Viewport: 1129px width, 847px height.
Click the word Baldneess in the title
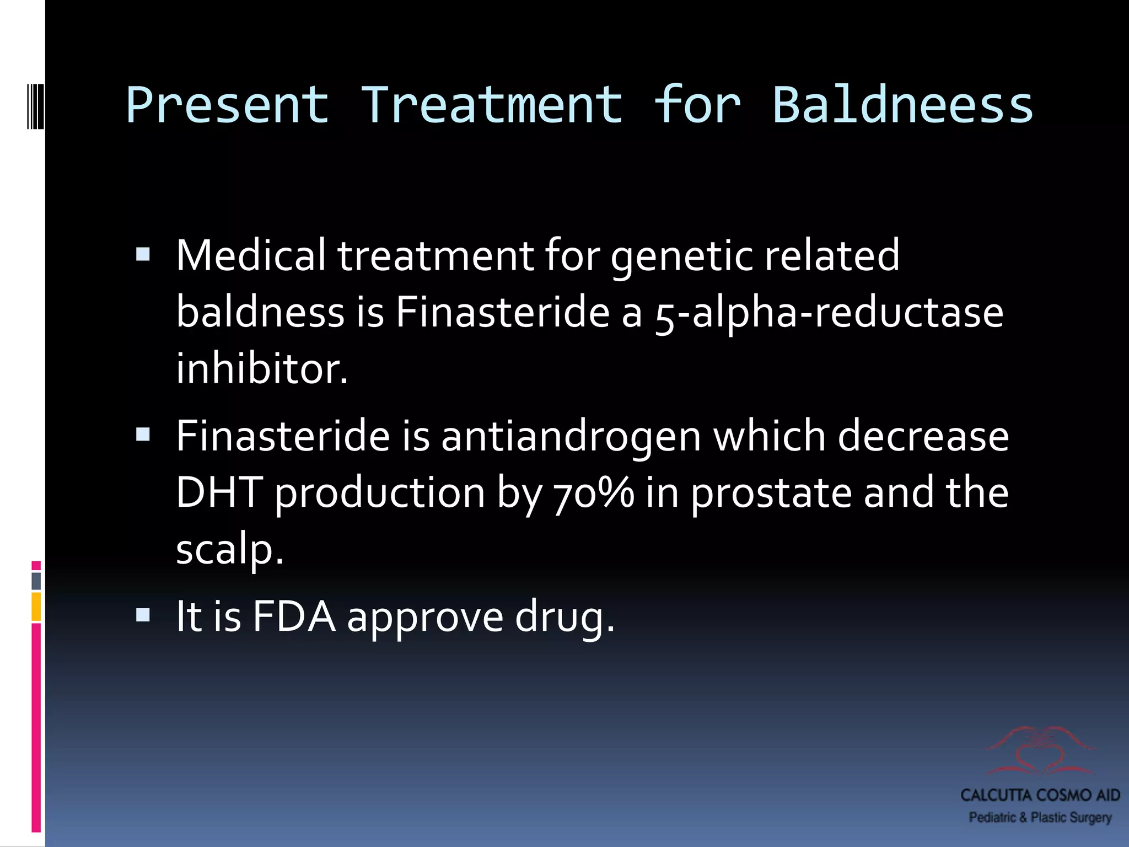(x=902, y=105)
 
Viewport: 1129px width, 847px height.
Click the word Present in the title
(x=228, y=105)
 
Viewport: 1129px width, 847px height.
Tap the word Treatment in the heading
(x=492, y=105)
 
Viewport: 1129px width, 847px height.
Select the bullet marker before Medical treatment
(x=143, y=254)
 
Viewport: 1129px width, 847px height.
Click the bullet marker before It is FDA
(x=143, y=615)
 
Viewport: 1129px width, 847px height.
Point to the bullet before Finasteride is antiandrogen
(x=143, y=435)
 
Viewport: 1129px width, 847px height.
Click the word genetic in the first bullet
(x=681, y=256)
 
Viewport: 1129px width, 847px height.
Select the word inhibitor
(x=262, y=369)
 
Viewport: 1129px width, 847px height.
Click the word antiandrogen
(x=571, y=437)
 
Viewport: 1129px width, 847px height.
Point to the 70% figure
(x=594, y=493)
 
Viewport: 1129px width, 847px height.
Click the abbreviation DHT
(x=219, y=493)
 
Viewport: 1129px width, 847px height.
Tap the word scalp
(x=229, y=550)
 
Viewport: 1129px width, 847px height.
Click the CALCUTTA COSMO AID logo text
(x=1040, y=795)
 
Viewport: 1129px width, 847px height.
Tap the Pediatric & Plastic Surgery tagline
(x=1040, y=817)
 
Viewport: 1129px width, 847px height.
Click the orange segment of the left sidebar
(x=36, y=607)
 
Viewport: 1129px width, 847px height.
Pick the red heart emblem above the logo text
(x=1040, y=750)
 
